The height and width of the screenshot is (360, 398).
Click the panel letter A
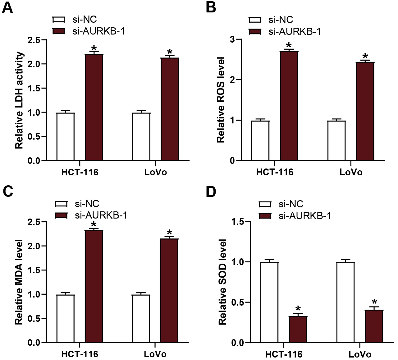(x=7, y=7)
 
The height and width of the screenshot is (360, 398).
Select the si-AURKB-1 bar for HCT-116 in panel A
(x=94, y=107)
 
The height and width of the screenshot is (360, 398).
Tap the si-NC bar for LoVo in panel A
(x=141, y=137)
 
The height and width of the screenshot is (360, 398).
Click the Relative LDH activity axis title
(x=19, y=100)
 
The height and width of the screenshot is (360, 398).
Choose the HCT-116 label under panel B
(x=275, y=172)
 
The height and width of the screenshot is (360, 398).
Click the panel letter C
(x=8, y=191)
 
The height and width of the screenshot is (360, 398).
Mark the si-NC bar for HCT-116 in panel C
(x=66, y=319)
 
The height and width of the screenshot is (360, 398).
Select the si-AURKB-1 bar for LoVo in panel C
(x=169, y=291)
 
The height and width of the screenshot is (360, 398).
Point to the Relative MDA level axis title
(x=19, y=282)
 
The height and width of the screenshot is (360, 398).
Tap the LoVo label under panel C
(x=155, y=354)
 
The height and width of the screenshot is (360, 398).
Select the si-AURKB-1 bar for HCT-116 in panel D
(x=298, y=330)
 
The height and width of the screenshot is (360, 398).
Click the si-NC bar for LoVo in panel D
(x=346, y=302)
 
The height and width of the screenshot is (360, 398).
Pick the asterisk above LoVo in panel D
(x=374, y=302)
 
